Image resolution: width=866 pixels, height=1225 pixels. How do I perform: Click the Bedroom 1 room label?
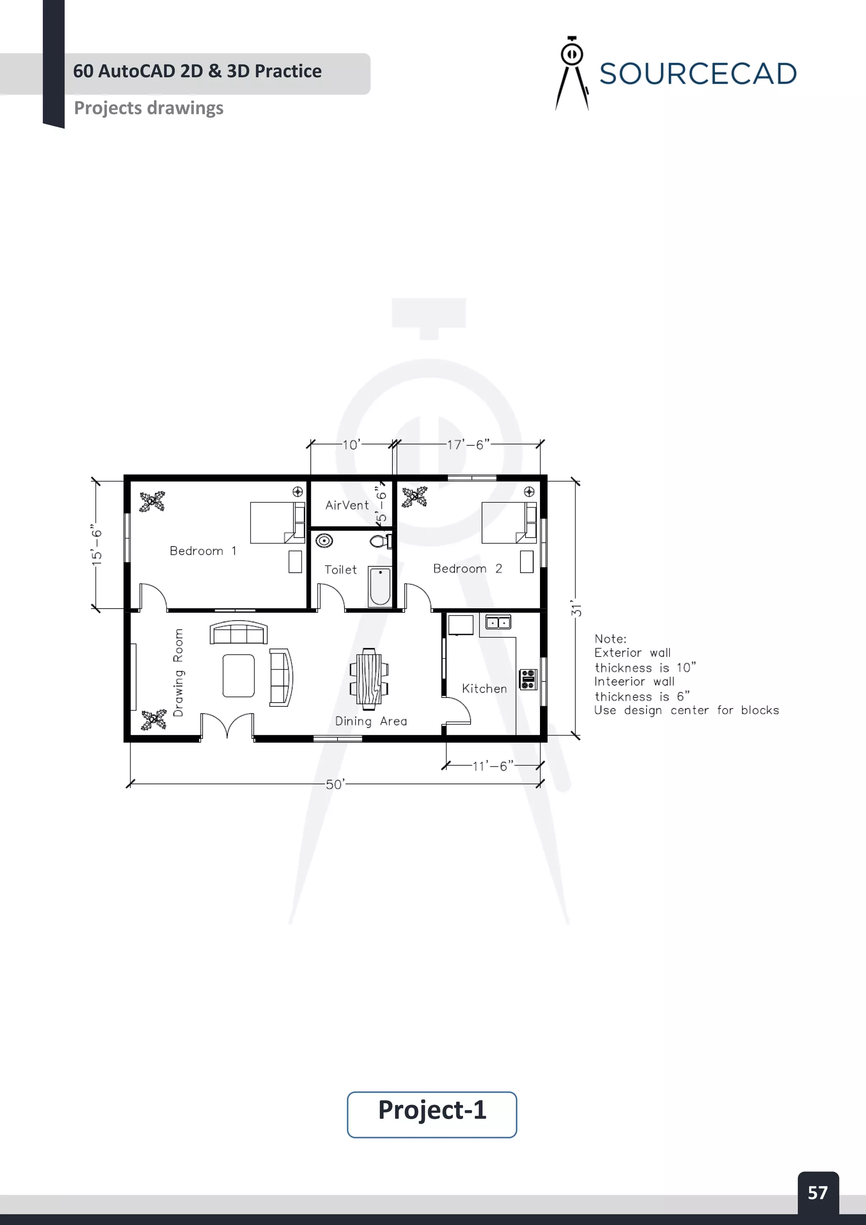tap(203, 551)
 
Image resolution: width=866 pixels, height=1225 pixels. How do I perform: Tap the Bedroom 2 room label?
tap(467, 569)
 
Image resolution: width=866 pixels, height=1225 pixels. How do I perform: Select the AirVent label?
tap(347, 505)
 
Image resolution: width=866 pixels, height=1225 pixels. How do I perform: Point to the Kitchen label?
tap(484, 688)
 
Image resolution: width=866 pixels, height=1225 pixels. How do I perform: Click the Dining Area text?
tap(370, 721)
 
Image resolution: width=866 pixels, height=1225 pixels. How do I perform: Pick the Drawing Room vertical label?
tap(178, 672)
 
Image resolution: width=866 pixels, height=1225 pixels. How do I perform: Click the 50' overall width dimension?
tap(335, 784)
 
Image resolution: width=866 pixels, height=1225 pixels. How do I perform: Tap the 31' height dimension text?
tap(576, 609)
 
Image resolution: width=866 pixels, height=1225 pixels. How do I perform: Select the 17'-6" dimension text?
tap(468, 445)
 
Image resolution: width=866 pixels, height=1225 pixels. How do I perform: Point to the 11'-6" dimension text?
tap(493, 766)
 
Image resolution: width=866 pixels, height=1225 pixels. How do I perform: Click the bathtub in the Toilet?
tap(380, 586)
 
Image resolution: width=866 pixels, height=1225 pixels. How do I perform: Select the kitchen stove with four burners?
tap(528, 679)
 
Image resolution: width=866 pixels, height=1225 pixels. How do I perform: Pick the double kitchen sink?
tap(498, 622)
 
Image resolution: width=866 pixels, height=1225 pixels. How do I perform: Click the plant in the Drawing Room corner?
tap(153, 720)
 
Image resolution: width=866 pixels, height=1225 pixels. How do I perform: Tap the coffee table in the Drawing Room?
tap(238, 676)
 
